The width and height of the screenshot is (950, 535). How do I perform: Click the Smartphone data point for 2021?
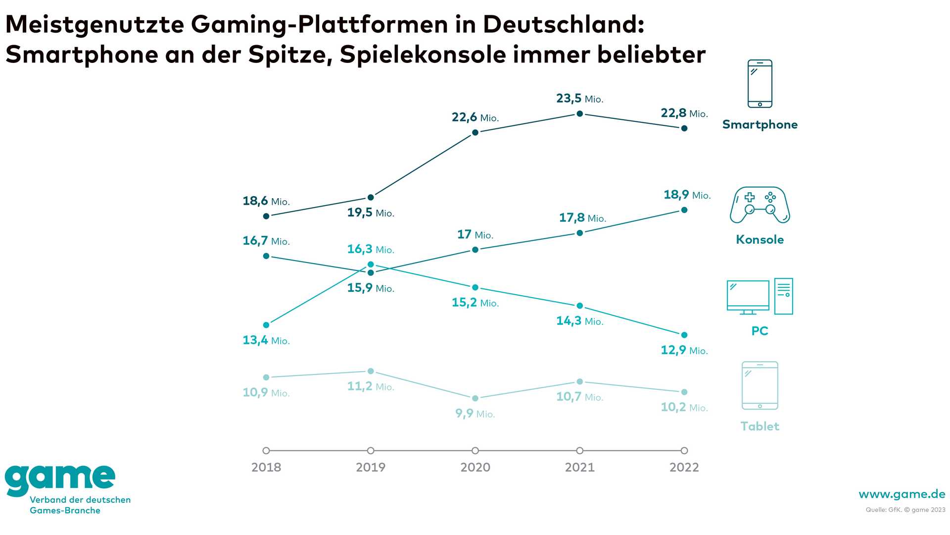coord(580,114)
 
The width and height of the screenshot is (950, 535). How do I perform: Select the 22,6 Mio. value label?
coord(475,117)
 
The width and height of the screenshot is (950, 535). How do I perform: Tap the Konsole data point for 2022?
coord(684,210)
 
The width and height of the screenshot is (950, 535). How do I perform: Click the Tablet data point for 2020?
coord(475,398)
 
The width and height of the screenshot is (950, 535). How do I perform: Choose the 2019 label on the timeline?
coord(371,467)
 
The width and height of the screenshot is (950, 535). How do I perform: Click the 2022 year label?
coord(684,467)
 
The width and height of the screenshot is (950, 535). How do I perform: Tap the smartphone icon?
coord(760,84)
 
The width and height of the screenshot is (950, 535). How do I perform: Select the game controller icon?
coord(760,205)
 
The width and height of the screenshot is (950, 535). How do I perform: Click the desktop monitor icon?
coord(748,297)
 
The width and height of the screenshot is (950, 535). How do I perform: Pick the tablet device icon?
coord(760,385)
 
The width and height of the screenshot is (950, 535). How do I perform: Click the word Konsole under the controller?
coord(760,240)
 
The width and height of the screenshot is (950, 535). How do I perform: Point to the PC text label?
coord(760,331)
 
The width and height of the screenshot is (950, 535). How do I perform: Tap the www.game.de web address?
coord(902,494)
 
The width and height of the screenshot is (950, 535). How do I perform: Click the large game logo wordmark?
coord(60,479)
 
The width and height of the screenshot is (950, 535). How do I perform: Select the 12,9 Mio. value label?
coord(684,350)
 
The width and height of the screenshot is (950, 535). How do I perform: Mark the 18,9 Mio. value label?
coord(687,195)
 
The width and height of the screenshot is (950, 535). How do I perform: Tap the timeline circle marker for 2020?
coord(475,451)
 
